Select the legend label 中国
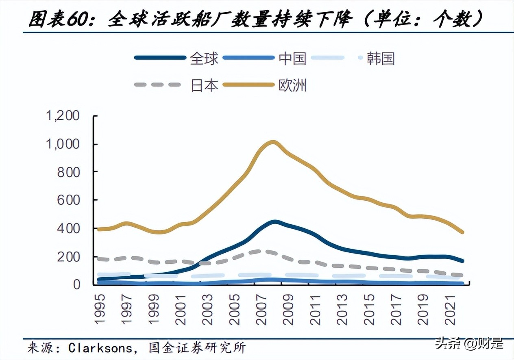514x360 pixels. pos(292,59)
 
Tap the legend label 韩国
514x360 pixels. pos(380,59)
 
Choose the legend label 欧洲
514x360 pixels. pos(292,85)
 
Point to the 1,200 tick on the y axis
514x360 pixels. pos(63,116)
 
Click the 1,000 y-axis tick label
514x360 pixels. pos(63,144)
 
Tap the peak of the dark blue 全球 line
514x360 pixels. pos(275,222)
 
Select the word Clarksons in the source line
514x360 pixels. pos(100,348)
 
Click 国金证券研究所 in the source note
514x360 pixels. pos(197,348)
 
